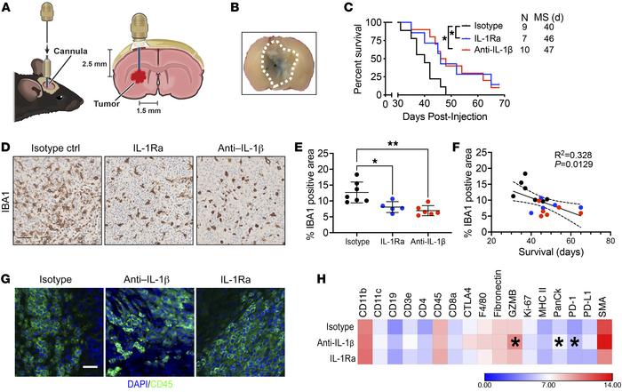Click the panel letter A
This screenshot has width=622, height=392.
click(x=8, y=9)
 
